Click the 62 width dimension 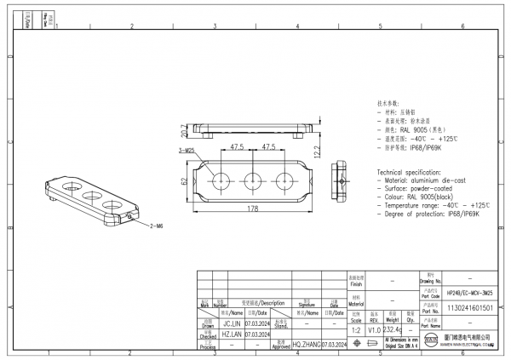pos(182,181)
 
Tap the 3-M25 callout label pos(187,150)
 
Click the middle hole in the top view pos(253,180)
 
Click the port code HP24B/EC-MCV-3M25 pos(469,291)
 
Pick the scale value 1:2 pos(355,329)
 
